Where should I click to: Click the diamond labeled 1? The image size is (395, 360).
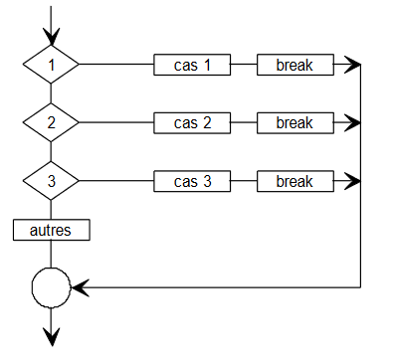point(51,66)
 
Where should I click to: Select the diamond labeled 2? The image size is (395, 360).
point(51,123)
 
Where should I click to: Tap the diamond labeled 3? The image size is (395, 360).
point(51,181)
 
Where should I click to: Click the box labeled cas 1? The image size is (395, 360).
point(193,66)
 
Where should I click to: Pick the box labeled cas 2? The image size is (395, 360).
point(193,123)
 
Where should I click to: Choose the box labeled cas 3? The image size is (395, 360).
point(193,181)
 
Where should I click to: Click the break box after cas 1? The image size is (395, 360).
point(295,66)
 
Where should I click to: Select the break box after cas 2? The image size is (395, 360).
point(295,123)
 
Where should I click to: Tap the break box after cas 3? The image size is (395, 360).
point(295,181)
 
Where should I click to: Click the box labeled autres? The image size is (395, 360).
point(51,230)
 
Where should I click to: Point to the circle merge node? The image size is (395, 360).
point(51,288)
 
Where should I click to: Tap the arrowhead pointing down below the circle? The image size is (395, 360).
point(51,336)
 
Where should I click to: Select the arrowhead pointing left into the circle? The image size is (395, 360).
point(81,288)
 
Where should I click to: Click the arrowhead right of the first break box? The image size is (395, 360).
point(351,66)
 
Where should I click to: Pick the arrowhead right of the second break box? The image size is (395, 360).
point(351,123)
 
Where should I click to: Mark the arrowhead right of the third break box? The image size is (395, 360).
point(351,181)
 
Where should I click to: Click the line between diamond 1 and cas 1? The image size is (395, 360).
point(115,66)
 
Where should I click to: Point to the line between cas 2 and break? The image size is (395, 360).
point(245,123)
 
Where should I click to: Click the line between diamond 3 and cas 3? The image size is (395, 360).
point(115,181)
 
